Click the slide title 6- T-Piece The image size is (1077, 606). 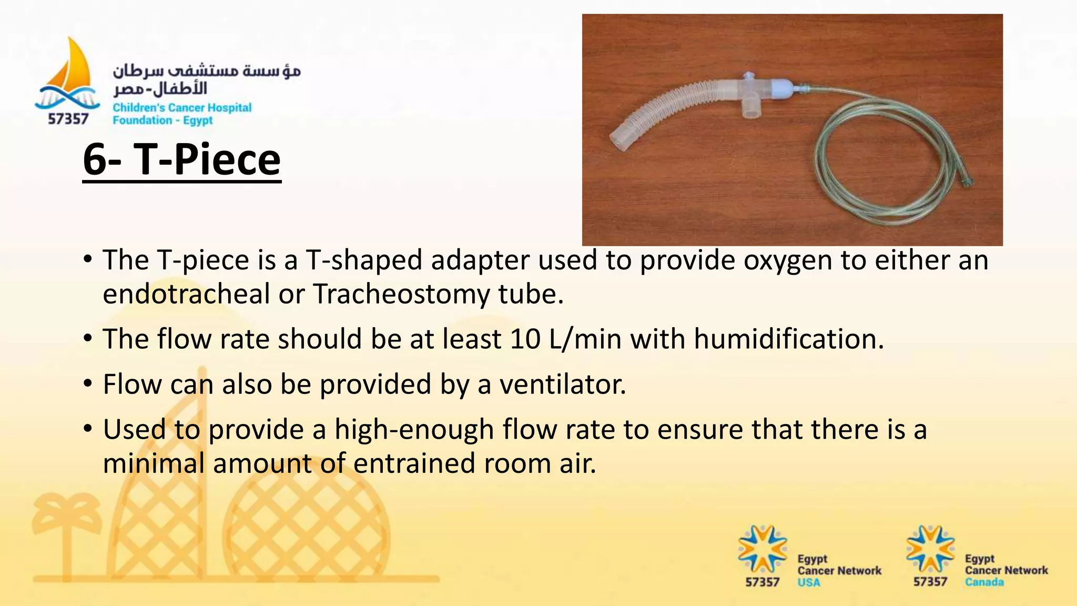coord(181,160)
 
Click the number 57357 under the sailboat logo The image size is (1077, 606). coord(68,119)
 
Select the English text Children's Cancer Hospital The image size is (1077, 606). coord(182,108)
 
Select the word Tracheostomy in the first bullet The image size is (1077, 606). coord(401,294)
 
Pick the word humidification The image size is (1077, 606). coord(788,339)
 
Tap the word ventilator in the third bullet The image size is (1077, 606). coord(562,384)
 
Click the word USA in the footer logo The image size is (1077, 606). coord(808,583)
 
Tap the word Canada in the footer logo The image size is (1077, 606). coord(984,582)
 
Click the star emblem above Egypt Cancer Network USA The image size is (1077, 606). coord(762,549)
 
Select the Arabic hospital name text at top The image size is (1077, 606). coord(206,79)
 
